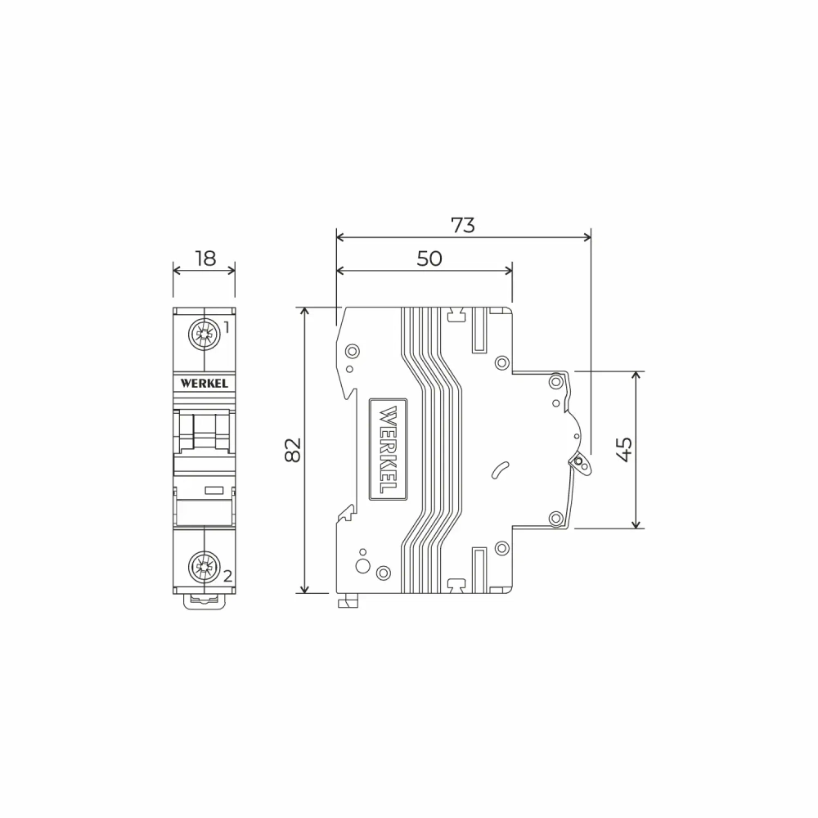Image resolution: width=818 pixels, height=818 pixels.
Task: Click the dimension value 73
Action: click(463, 225)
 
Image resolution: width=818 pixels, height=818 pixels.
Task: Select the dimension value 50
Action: click(429, 258)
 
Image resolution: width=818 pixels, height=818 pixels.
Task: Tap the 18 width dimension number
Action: click(204, 258)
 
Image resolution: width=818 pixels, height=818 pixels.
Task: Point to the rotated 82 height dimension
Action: click(293, 450)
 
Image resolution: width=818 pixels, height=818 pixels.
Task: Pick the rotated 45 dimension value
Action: click(624, 449)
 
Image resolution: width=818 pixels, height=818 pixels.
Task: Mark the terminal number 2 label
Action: click(227, 576)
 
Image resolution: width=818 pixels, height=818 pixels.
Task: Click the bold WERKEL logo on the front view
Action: click(204, 382)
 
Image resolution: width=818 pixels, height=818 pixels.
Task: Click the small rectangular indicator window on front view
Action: click(214, 490)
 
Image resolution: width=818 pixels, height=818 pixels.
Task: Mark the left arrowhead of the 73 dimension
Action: click(339, 237)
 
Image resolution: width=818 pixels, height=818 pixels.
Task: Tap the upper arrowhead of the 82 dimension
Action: click(305, 311)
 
